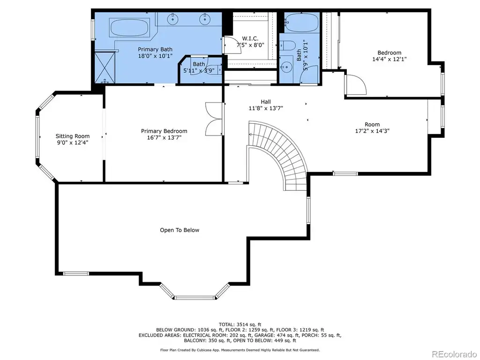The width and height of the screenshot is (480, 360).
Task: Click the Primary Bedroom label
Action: (164, 131)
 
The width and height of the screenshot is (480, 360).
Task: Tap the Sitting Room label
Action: (73, 136)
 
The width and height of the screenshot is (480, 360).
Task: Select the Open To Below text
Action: (180, 230)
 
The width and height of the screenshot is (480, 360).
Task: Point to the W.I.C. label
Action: (250, 38)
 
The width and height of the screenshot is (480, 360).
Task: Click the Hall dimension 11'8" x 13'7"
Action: (266, 108)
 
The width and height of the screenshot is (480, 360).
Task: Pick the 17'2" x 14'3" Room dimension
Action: (372, 131)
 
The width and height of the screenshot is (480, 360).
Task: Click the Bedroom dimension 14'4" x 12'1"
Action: (390, 59)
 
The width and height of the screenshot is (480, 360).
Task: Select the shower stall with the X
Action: (105, 67)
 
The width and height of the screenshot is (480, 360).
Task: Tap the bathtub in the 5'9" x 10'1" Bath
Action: (302, 23)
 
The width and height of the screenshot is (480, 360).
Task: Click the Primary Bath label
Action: (155, 49)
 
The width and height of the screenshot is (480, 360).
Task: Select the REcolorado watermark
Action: (454, 354)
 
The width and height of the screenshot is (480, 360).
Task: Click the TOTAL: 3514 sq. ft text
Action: (240, 324)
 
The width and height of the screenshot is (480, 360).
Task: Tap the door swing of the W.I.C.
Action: (229, 45)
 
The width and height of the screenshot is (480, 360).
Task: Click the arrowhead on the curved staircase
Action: (250, 134)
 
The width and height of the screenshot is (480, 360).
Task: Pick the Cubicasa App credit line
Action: (240, 350)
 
